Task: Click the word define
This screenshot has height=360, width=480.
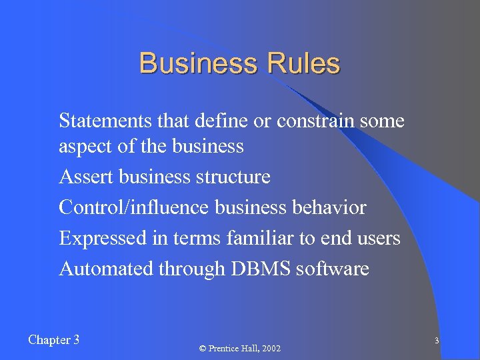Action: (219, 121)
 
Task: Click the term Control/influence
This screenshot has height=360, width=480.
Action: (134, 207)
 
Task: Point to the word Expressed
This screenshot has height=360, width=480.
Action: (101, 238)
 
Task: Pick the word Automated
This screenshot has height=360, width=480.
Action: (106, 269)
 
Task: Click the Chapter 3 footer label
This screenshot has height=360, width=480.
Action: (54, 340)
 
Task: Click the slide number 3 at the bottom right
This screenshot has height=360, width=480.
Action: (436, 341)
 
